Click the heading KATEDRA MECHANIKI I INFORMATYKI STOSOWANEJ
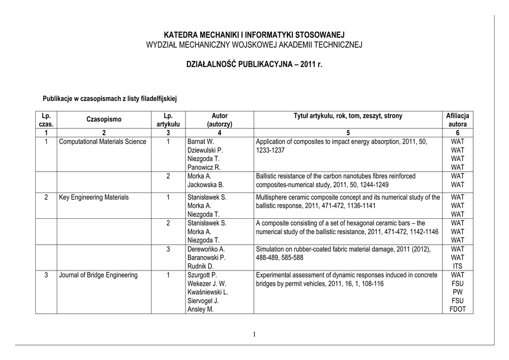(254, 35)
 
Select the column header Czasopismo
(103, 119)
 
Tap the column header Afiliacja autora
(457, 119)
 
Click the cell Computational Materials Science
(102, 142)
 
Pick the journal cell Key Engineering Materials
(93, 197)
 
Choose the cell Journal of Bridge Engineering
(98, 275)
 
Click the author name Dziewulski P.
(205, 150)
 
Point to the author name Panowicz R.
(204, 167)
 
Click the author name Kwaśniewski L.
(207, 292)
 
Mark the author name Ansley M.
(200, 309)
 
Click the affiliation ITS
(457, 267)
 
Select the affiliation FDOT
(457, 309)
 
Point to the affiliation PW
(457, 292)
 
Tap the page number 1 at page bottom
(254, 334)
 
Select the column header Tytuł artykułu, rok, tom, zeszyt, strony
(348, 116)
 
